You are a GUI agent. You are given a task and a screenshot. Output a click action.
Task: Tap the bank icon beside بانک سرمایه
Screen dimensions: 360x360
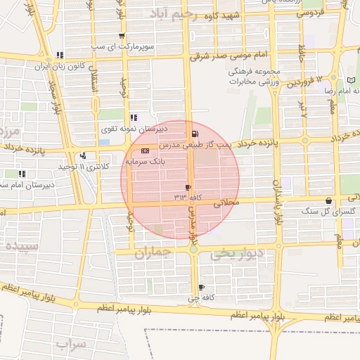click(145, 150)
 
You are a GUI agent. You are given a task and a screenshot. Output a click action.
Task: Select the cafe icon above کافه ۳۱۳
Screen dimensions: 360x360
click(187, 187)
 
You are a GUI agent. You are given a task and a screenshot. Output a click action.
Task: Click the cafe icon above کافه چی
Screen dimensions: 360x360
click(202, 288)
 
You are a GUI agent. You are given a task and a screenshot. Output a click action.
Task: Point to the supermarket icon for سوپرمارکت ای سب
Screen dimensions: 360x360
click(122, 36)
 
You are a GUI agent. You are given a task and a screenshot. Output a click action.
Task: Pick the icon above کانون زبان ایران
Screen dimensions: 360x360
click(60, 54)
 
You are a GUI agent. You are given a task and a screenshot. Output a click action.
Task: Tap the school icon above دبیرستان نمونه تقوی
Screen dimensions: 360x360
click(133, 117)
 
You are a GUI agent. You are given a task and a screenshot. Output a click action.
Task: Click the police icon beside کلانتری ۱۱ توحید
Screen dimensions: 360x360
click(83, 155)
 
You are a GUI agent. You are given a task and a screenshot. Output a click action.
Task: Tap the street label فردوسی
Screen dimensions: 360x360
click(310, 13)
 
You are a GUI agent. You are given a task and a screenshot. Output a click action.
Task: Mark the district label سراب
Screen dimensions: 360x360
click(70, 344)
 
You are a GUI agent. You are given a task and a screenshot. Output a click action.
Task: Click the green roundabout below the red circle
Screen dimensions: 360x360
click(193, 248)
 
